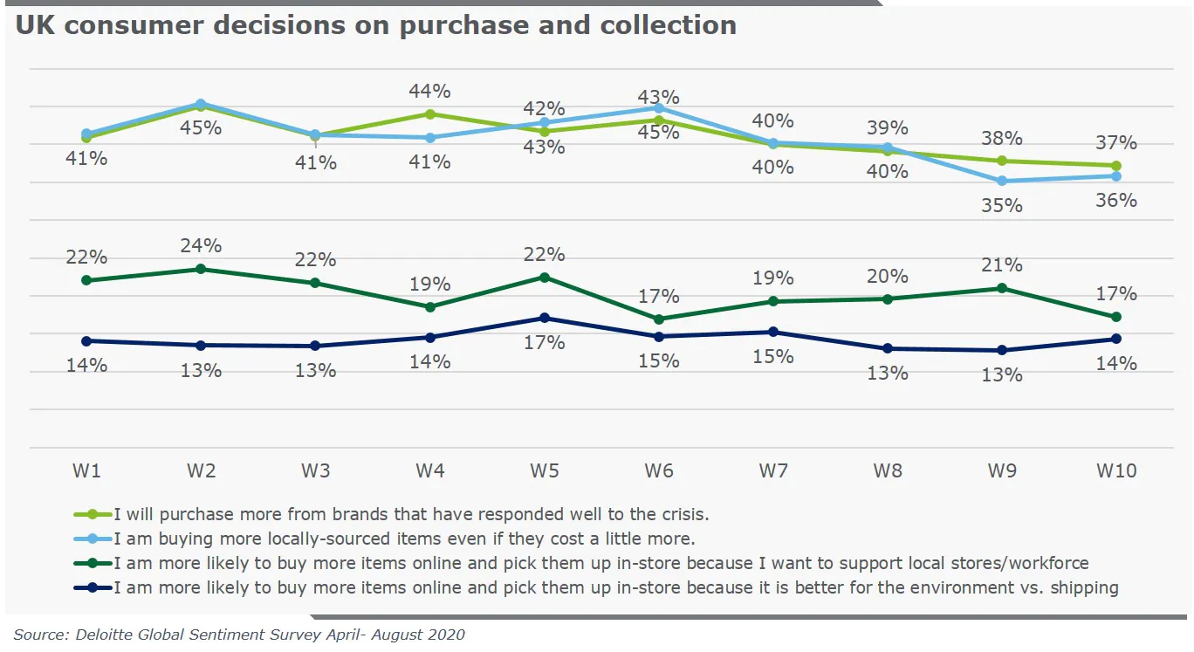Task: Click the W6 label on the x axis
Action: click(659, 470)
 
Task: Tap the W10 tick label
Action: click(1116, 470)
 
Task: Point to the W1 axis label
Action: click(86, 470)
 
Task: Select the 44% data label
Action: click(430, 91)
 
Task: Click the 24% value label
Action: click(201, 245)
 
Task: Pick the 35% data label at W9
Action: click(1002, 206)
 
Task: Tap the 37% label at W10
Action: click(1116, 142)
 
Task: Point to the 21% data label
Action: click(1002, 264)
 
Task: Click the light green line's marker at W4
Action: click(430, 113)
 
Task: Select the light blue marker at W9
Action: click(1002, 181)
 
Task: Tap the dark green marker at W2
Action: click(201, 269)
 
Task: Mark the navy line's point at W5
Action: click(545, 318)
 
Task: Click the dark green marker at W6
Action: click(659, 319)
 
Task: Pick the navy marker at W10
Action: click(1116, 339)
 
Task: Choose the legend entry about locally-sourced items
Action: click(404, 539)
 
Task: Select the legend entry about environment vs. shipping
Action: click(615, 587)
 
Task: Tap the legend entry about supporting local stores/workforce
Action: click(600, 563)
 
